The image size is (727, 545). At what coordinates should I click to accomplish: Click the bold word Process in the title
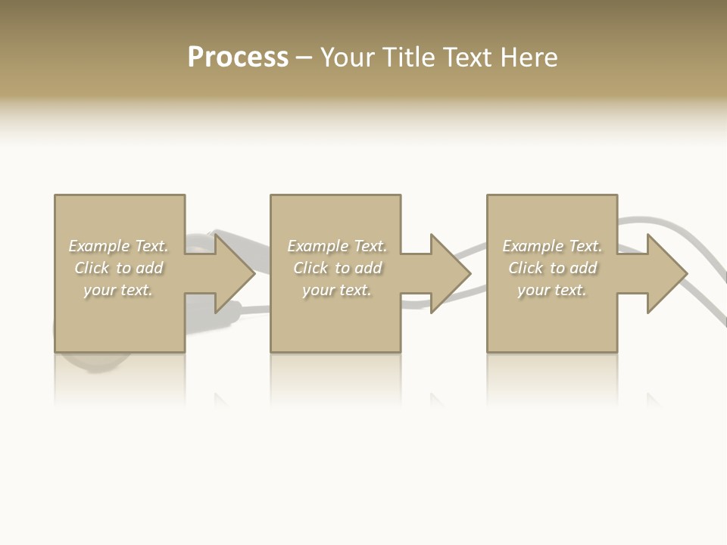pyautogui.click(x=238, y=58)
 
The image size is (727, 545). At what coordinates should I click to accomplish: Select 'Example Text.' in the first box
pyautogui.click(x=118, y=246)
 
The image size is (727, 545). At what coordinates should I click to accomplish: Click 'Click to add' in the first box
pyautogui.click(x=118, y=268)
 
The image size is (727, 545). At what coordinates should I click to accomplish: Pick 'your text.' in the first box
pyautogui.click(x=118, y=290)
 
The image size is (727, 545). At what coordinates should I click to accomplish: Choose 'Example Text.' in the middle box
pyautogui.click(x=337, y=246)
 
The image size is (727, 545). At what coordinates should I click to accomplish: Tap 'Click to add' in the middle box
pyautogui.click(x=337, y=268)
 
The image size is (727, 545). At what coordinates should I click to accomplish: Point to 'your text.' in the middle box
pyautogui.click(x=337, y=290)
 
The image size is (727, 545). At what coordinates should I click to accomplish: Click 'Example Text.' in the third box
pyautogui.click(x=552, y=246)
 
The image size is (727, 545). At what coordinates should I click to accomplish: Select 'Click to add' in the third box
pyautogui.click(x=552, y=268)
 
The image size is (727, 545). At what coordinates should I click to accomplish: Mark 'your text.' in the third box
pyautogui.click(x=552, y=290)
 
